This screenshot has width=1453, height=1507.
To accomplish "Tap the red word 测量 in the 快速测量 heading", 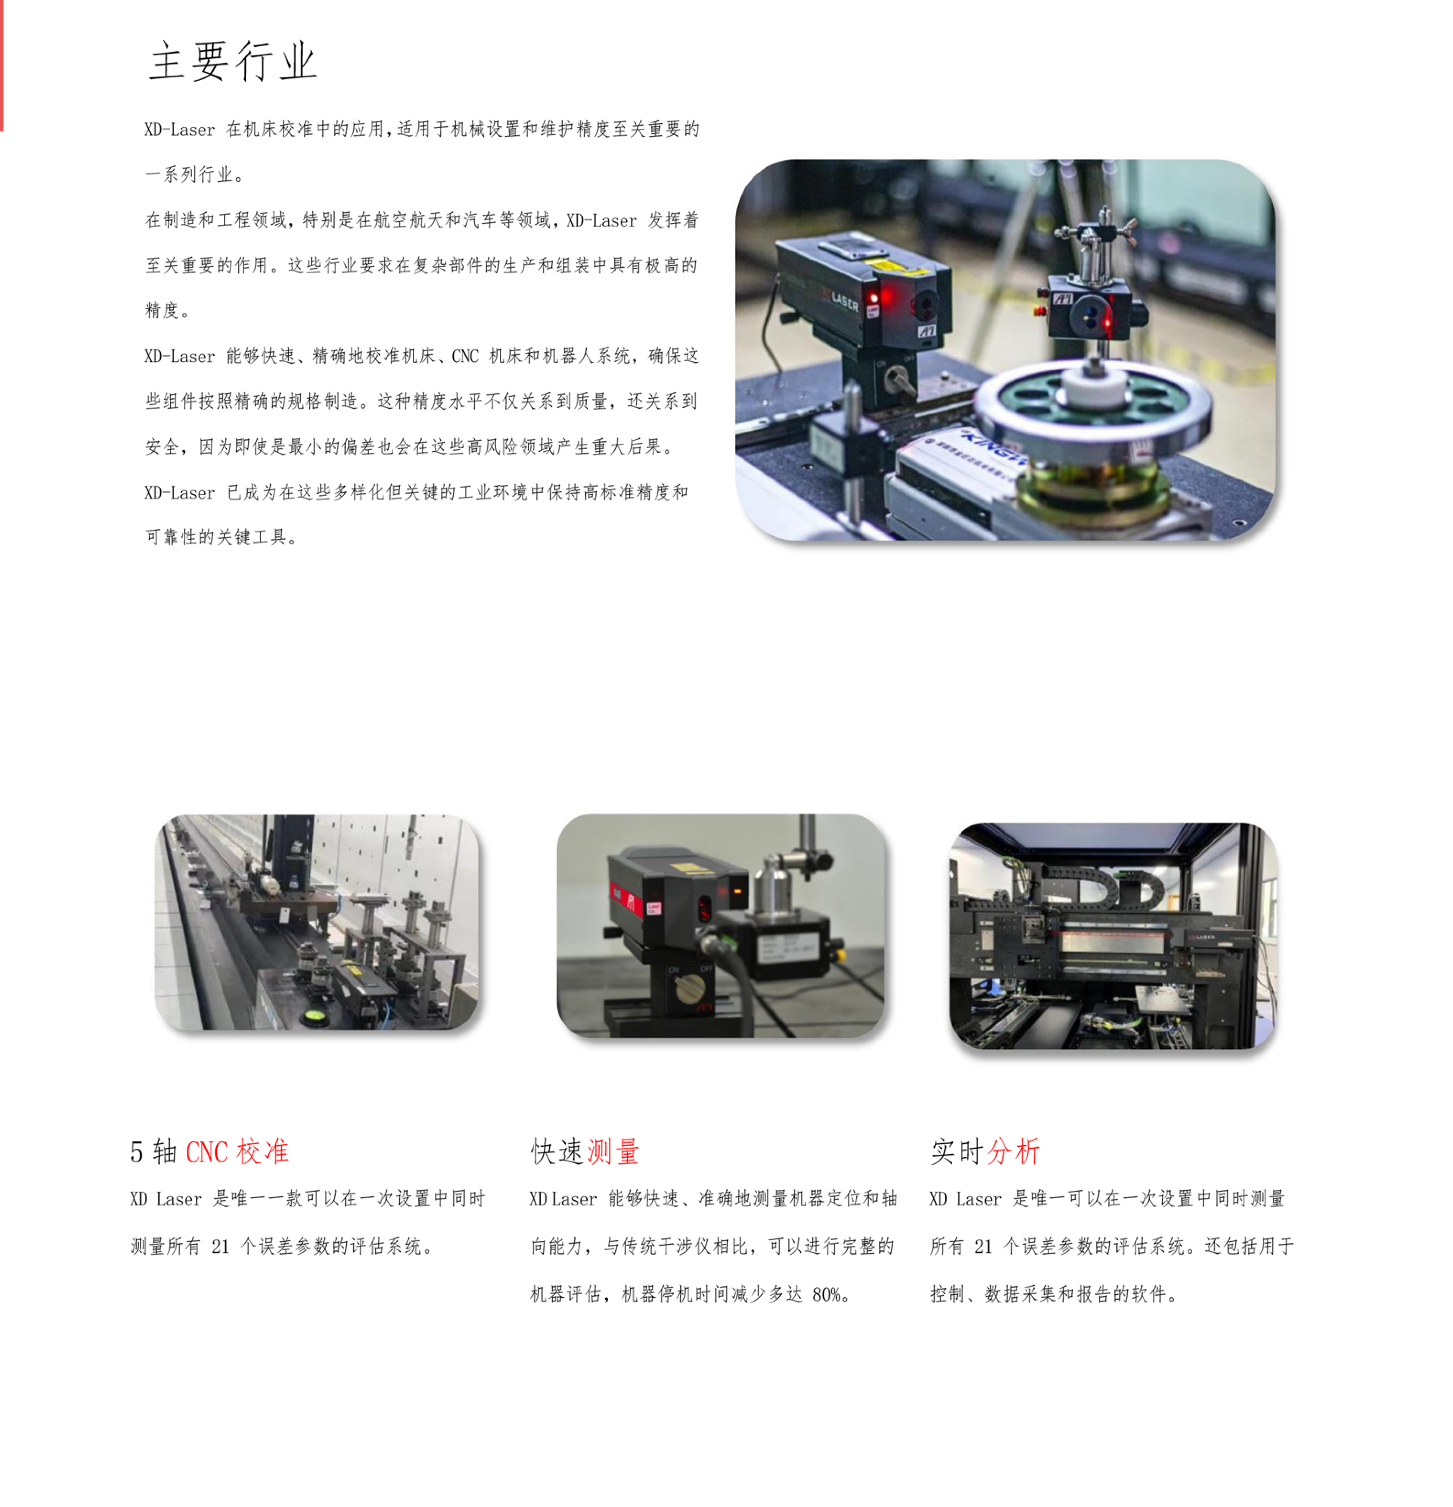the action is point(613,1152).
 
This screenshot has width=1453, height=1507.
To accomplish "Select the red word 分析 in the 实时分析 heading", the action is point(1013,1152).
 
